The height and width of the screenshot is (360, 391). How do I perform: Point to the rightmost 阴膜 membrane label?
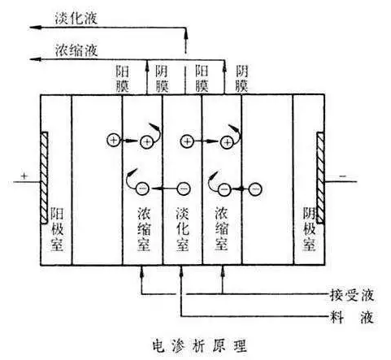click(x=243, y=77)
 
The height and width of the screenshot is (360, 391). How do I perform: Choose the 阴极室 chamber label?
click(x=307, y=229)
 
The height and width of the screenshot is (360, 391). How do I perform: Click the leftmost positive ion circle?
click(x=113, y=141)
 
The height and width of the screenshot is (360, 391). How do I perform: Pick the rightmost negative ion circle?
click(x=254, y=189)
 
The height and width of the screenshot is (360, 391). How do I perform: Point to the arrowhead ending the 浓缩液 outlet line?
click(x=29, y=58)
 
